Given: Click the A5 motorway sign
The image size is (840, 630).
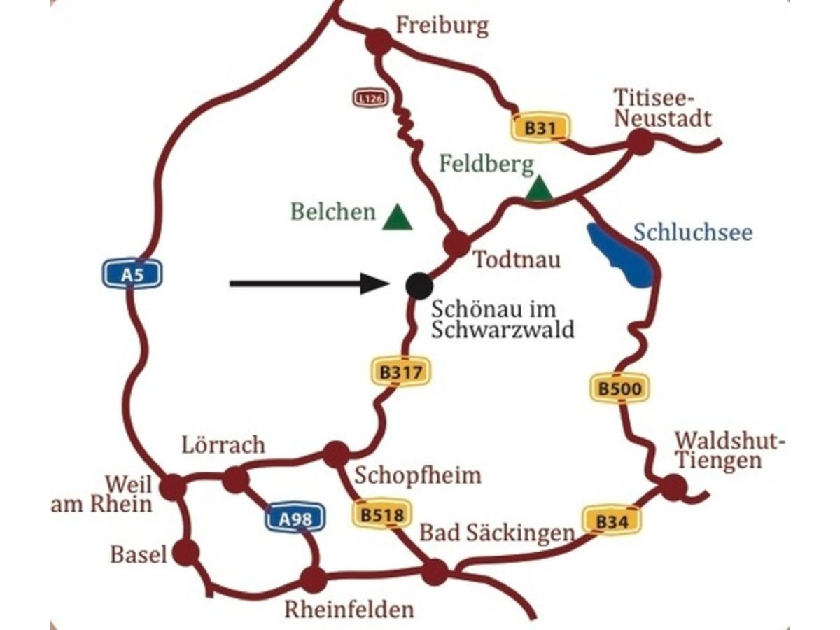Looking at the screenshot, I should (132, 274).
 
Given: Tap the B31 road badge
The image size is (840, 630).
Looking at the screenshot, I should (539, 127).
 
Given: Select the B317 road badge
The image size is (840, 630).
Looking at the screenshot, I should (401, 372).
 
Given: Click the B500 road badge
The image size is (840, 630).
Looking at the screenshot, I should (618, 388).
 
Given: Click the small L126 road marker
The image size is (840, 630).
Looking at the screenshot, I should (370, 99).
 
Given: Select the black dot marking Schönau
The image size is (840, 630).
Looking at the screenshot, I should (419, 284).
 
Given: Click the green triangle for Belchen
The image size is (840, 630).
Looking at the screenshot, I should (398, 218).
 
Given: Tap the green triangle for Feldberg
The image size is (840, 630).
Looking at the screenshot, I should (539, 189).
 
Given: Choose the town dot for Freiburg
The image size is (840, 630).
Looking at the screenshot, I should (378, 42).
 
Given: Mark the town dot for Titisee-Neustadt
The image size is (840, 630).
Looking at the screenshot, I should (640, 142).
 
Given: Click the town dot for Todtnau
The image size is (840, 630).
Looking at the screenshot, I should (457, 244).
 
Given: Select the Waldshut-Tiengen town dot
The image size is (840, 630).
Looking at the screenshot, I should (673, 486).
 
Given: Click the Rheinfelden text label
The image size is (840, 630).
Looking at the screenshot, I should (349, 609).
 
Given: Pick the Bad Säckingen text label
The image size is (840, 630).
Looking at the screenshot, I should (496, 533).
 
